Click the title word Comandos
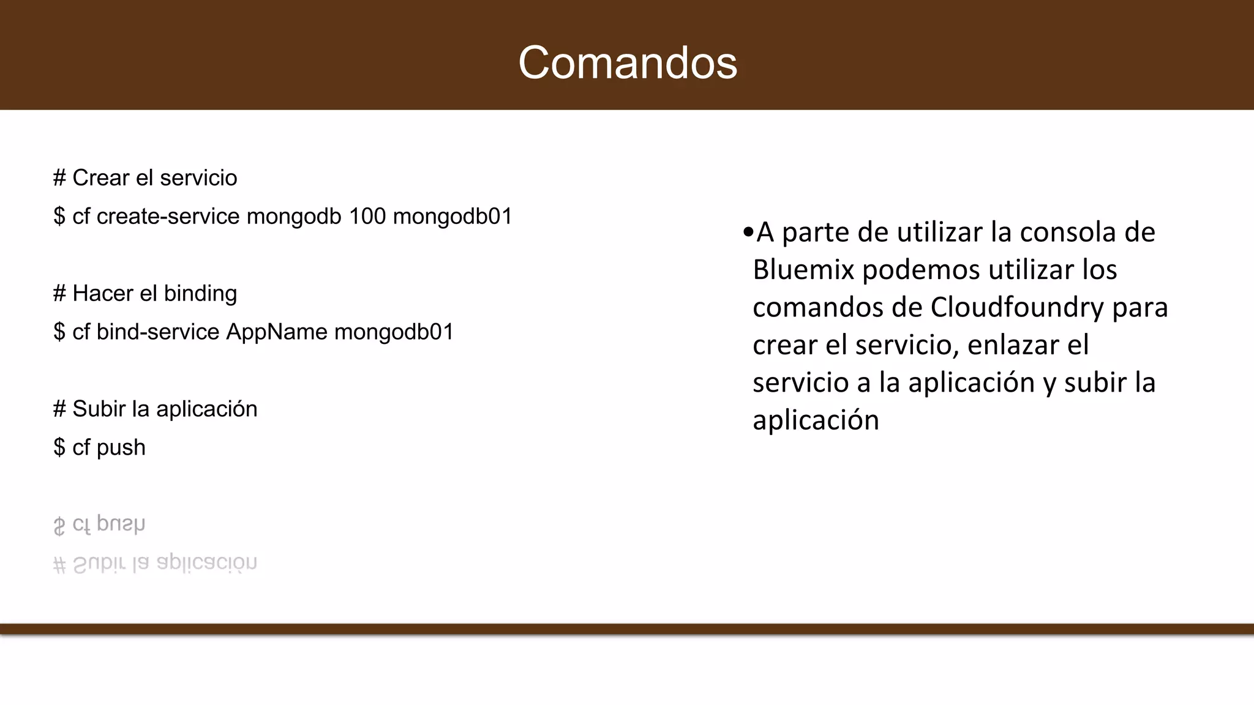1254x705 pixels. tap(628, 62)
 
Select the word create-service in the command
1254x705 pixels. tap(168, 216)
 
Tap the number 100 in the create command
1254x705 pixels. tap(367, 216)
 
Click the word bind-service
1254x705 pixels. tap(157, 332)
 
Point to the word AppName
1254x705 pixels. tap(277, 332)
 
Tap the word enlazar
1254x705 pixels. tap(1013, 345)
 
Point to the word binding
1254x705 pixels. tap(200, 294)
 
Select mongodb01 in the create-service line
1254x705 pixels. tap(452, 216)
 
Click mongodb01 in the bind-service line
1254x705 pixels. tap(394, 332)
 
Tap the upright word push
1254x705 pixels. tap(121, 448)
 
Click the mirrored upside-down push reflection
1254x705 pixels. tap(121, 524)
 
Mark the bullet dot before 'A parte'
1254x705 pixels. tap(748, 233)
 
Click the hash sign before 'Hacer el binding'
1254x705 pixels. tap(59, 294)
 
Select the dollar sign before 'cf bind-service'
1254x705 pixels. tap(59, 332)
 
